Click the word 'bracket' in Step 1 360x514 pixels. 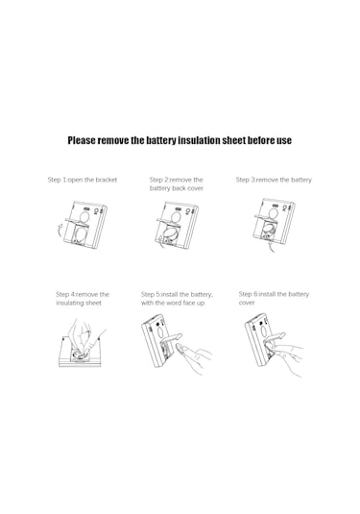point(107,180)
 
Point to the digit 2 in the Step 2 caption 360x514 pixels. point(166,180)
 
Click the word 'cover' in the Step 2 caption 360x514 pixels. point(196,188)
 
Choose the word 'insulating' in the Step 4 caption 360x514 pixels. point(69,303)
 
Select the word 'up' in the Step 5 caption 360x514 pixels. point(201,304)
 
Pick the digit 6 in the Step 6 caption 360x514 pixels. point(255,294)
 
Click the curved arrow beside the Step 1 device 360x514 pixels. point(59,233)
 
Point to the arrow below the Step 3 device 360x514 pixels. point(272,247)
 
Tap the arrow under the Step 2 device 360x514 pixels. point(161,241)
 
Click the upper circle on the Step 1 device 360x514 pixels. point(84,217)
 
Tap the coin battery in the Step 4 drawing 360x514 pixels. point(80,355)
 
